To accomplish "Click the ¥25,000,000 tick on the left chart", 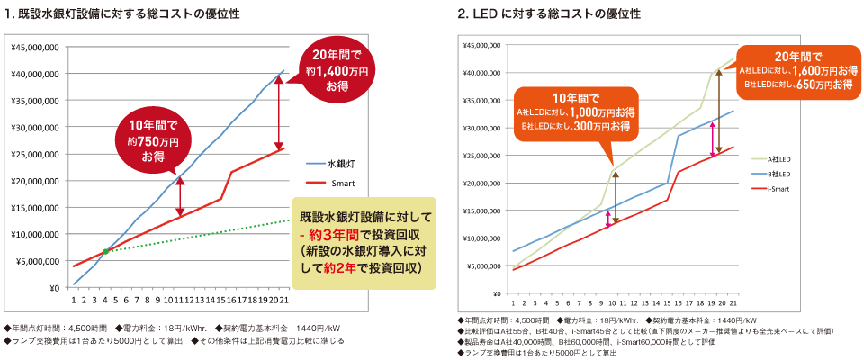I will (35, 154).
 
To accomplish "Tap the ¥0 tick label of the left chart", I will (53, 288).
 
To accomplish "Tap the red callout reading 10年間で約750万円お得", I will (148, 139).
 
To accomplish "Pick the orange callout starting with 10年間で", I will (576, 112).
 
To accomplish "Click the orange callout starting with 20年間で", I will (796, 68).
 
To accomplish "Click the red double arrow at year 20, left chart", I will (280, 112).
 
